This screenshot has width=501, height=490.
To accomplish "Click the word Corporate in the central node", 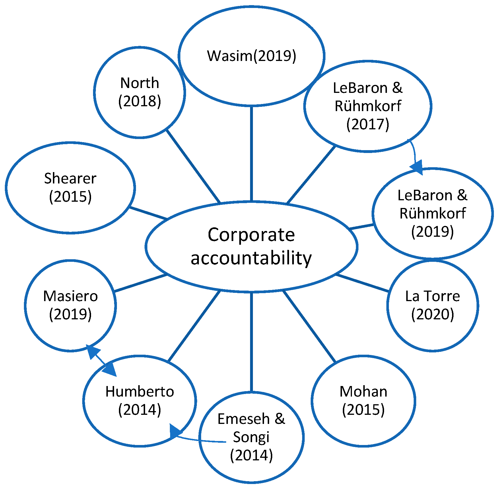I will click(x=251, y=235).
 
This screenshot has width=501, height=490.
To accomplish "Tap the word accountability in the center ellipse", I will click(x=251, y=258).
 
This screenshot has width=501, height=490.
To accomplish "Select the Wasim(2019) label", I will click(x=251, y=56).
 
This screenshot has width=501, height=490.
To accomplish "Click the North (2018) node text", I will click(x=139, y=92).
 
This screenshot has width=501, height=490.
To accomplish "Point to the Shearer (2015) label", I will click(x=70, y=187).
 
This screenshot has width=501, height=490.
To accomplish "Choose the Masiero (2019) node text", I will click(x=70, y=305).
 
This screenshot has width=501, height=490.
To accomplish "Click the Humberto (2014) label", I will click(x=139, y=401).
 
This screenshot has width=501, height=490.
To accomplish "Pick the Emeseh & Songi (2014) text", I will click(x=251, y=437).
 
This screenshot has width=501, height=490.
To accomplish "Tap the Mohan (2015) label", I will click(x=363, y=401).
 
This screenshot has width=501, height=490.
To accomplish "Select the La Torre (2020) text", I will click(x=432, y=305).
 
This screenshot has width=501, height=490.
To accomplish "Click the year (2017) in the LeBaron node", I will click(x=368, y=124).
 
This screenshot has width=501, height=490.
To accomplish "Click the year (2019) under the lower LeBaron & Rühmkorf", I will click(x=432, y=231).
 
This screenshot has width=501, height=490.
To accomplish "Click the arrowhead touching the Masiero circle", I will click(x=92, y=351).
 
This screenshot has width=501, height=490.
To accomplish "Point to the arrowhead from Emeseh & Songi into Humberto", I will click(x=174, y=431).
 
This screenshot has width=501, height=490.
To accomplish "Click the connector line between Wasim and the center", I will click(x=251, y=154).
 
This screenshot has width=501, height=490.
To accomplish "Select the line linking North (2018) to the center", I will click(x=193, y=166).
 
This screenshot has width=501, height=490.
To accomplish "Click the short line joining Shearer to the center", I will click(x=148, y=213).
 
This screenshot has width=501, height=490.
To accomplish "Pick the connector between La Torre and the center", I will click(x=362, y=283).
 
